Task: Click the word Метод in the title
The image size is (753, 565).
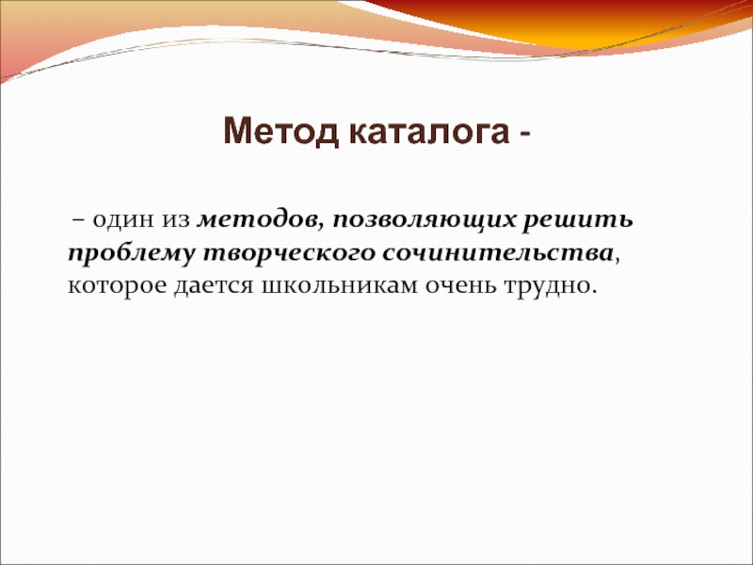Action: click(280, 131)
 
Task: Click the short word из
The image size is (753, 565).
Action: click(176, 222)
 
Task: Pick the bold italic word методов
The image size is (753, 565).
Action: click(256, 221)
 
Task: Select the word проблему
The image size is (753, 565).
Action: click(132, 254)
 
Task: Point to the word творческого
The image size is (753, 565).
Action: click(289, 254)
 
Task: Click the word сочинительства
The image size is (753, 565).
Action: click(498, 253)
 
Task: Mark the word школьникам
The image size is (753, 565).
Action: click(340, 286)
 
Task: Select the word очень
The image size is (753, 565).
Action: click(461, 286)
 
